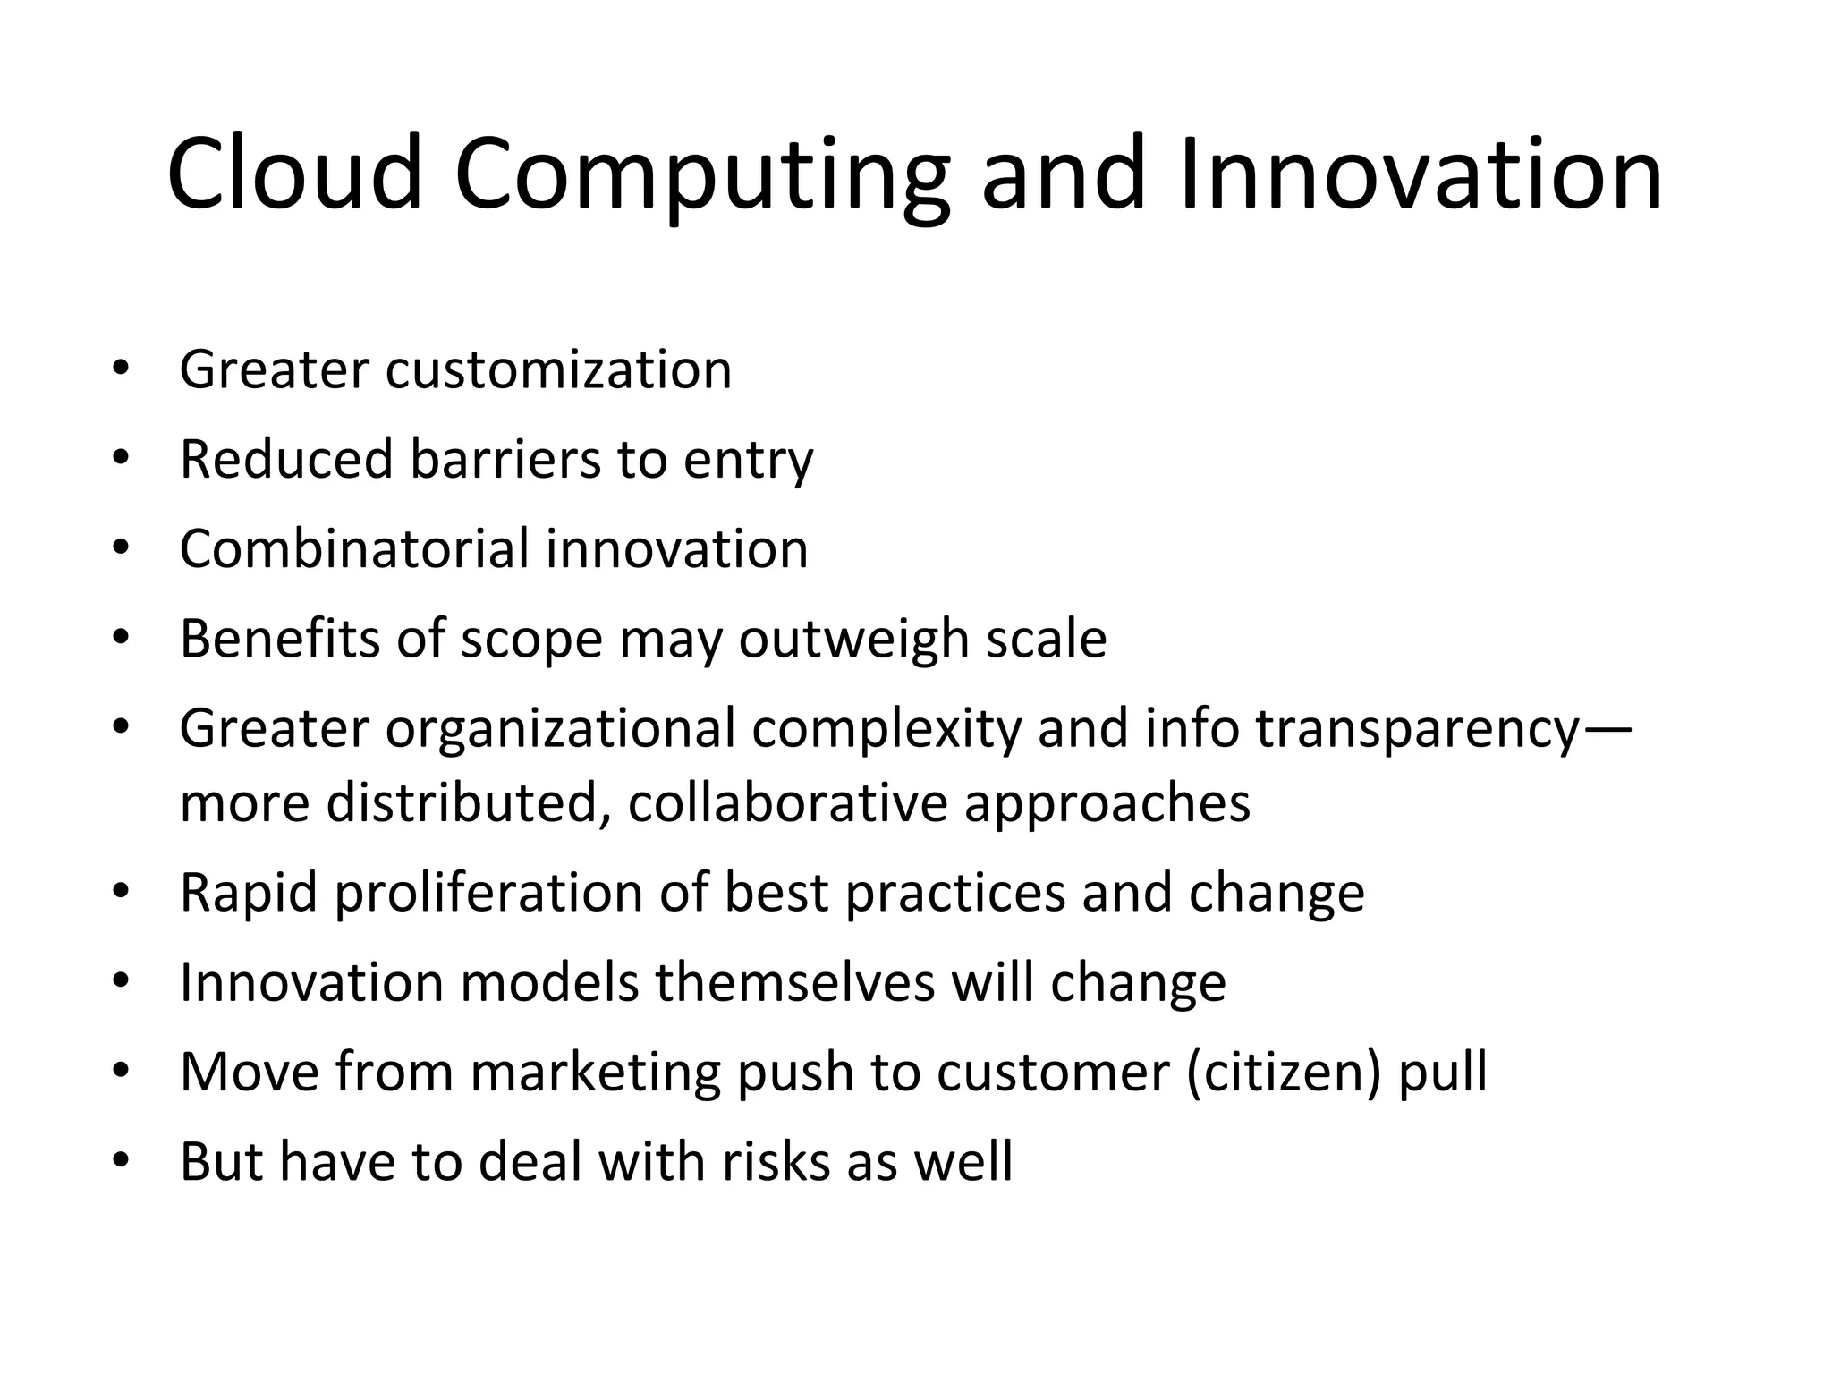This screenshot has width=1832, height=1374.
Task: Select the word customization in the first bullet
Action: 558,369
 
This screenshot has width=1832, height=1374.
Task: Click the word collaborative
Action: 787,802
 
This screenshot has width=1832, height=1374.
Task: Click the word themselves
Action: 794,982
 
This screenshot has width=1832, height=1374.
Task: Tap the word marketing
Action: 595,1073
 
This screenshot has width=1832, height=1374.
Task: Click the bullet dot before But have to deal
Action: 121,1161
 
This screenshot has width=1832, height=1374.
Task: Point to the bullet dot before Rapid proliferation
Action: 121,892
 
